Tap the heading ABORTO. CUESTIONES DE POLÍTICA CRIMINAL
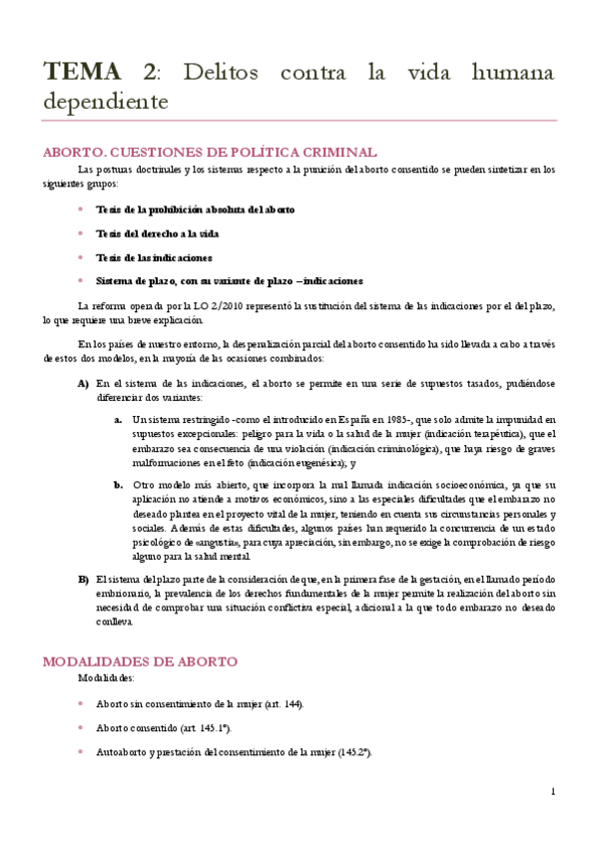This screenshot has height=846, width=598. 209,153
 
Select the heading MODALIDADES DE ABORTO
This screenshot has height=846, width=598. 139,661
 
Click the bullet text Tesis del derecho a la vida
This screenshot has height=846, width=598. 157,233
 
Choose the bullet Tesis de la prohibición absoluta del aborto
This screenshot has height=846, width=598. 195,210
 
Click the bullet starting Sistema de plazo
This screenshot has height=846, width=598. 229,281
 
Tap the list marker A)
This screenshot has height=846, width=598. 84,383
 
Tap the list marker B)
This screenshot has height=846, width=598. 84,580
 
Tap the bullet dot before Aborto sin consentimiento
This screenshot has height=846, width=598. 81,704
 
